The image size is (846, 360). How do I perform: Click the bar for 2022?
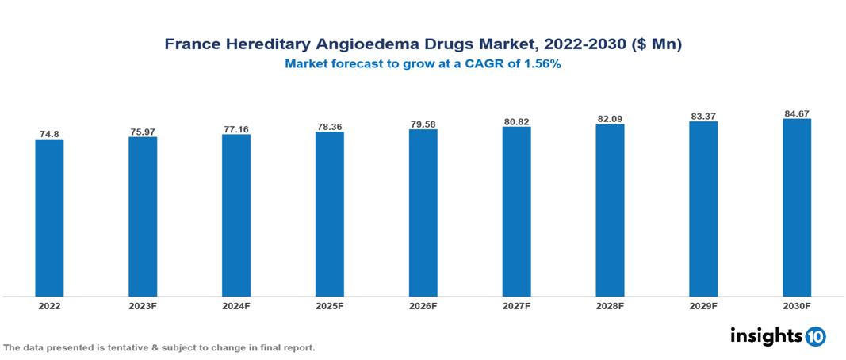point(49,218)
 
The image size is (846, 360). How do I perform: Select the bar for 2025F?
point(329,214)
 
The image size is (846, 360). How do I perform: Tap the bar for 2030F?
point(796,208)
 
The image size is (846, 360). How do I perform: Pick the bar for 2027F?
point(516,212)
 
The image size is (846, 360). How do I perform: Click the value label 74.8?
point(49,134)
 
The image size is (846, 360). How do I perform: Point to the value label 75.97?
point(143,132)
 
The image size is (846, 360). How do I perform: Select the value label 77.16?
point(236,128)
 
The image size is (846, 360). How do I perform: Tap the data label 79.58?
point(423,124)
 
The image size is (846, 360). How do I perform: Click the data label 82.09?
point(610,119)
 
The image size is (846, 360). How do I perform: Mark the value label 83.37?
point(703,117)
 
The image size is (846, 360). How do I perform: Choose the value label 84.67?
point(796,113)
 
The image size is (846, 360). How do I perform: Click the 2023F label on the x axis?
point(143,306)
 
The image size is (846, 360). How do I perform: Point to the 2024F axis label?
point(236,306)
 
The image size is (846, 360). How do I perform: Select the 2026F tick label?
point(423,306)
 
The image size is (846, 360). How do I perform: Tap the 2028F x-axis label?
point(610,306)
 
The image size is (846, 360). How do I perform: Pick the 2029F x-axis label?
point(703,306)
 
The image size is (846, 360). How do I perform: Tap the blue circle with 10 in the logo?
point(815,336)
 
